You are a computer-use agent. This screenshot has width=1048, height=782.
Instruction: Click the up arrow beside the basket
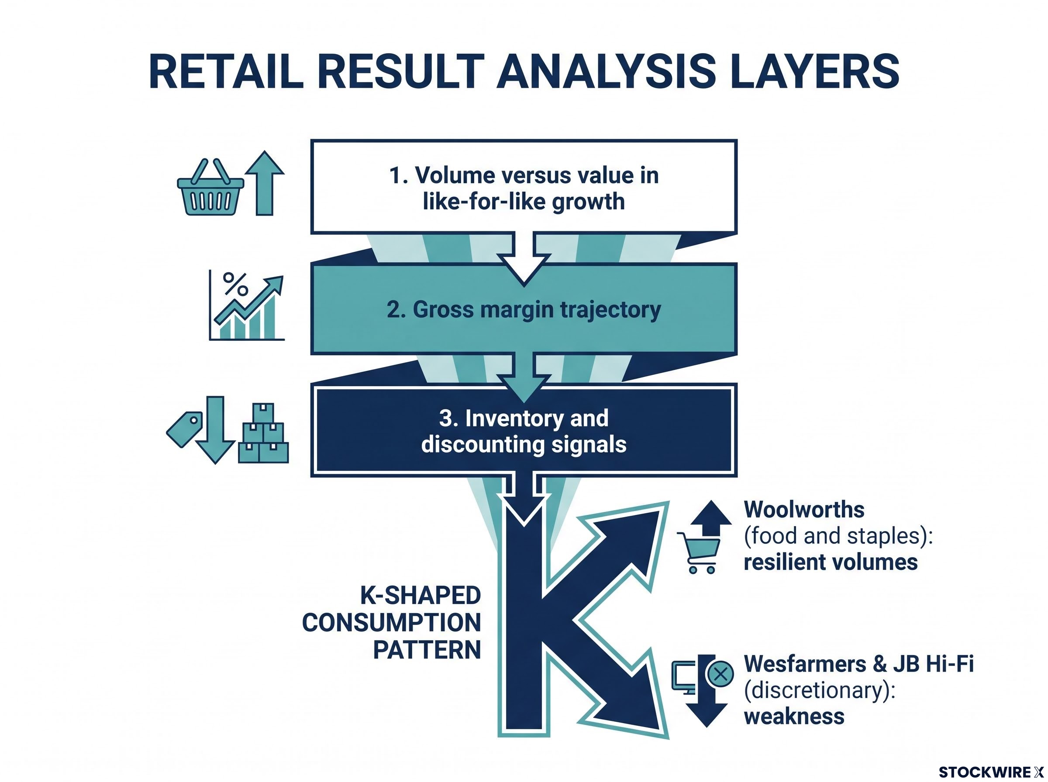(265, 183)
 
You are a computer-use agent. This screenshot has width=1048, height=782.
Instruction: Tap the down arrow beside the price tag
(215, 430)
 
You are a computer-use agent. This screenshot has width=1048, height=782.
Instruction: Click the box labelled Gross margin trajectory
(524, 309)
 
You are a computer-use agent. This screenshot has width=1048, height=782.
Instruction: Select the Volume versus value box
(524, 187)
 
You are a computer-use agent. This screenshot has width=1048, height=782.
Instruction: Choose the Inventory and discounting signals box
(524, 431)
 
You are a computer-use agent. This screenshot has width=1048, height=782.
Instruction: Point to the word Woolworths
(804, 510)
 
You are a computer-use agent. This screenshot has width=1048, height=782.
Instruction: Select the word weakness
(794, 716)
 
